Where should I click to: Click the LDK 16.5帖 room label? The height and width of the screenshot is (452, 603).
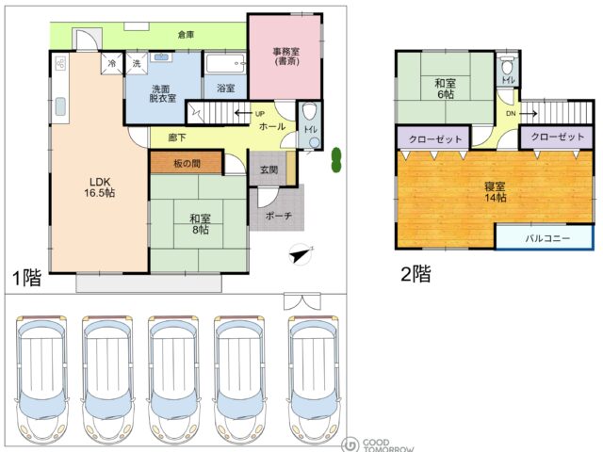(x=100, y=187)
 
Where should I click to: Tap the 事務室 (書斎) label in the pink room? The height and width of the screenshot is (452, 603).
(x=286, y=56)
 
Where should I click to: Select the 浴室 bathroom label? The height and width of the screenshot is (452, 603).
(x=226, y=88)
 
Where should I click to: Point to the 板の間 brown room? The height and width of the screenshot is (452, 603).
(x=187, y=163)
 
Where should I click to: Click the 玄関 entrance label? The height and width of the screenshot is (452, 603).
(x=269, y=169)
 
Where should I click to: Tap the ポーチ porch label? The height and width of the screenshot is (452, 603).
(x=279, y=216)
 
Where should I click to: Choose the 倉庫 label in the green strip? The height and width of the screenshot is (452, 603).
(x=187, y=35)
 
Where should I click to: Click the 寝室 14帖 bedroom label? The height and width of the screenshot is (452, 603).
(x=496, y=192)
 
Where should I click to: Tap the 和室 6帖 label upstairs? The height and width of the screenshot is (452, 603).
(x=446, y=89)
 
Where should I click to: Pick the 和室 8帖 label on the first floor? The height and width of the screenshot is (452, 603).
(x=200, y=224)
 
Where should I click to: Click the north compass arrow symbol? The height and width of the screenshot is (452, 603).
(x=301, y=254)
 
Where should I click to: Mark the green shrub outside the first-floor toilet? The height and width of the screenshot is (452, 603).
(x=336, y=160)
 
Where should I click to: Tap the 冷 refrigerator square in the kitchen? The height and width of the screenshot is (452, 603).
(x=112, y=63)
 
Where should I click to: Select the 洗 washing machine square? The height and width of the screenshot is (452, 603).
(x=137, y=63)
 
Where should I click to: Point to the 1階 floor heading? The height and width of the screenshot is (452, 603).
(x=27, y=278)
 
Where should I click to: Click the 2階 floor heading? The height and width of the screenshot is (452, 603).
(x=416, y=274)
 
